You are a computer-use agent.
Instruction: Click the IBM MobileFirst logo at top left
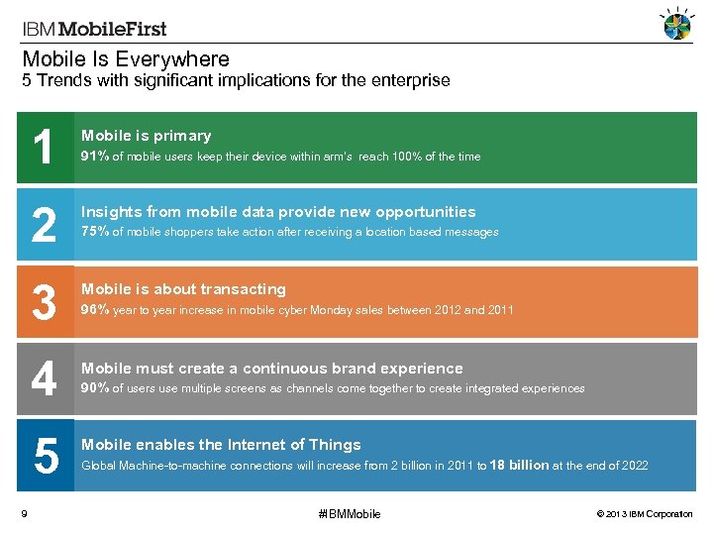pyautogui.click(x=94, y=29)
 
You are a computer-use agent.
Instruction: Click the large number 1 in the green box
pyautogui.click(x=44, y=149)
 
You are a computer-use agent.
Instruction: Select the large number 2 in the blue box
pyautogui.click(x=44, y=226)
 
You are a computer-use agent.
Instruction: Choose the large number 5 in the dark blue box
pyautogui.click(x=46, y=457)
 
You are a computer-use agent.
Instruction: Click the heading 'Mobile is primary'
pyautogui.click(x=146, y=136)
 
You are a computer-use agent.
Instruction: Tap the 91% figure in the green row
pyautogui.click(x=95, y=156)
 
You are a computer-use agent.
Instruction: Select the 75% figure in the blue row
pyautogui.click(x=95, y=232)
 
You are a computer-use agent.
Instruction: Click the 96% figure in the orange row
pyautogui.click(x=95, y=309)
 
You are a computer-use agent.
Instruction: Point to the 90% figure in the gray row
pyautogui.click(x=95, y=387)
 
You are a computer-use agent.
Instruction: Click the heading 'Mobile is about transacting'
pyautogui.click(x=183, y=289)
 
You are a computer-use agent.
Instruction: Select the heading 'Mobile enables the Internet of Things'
pyautogui.click(x=221, y=445)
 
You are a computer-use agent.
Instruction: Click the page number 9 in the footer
pyautogui.click(x=23, y=512)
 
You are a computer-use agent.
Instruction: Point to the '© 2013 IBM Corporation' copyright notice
pyautogui.click(x=645, y=513)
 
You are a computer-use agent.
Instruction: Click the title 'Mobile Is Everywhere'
pyautogui.click(x=126, y=59)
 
